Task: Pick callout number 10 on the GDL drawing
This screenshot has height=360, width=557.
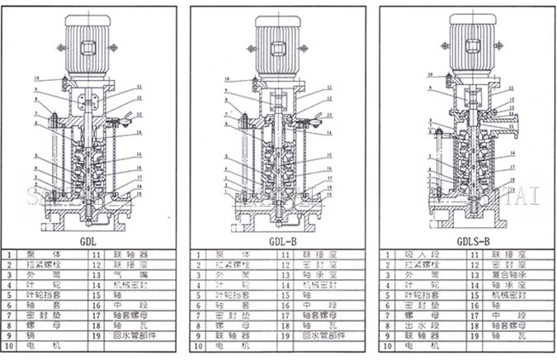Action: (36, 78)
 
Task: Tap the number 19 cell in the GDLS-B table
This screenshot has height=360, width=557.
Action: (473, 337)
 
